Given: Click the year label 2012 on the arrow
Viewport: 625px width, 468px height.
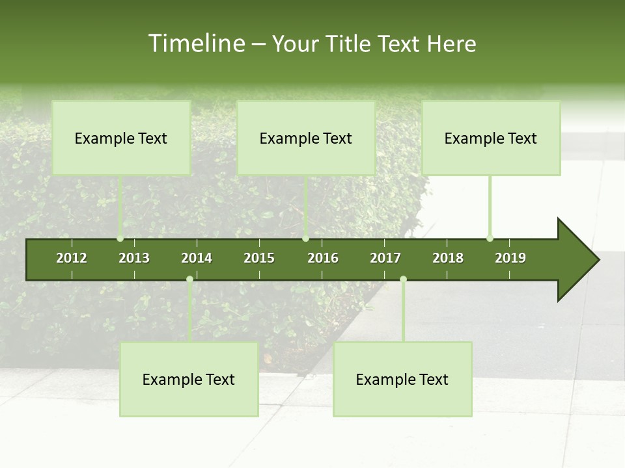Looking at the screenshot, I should coord(72,258).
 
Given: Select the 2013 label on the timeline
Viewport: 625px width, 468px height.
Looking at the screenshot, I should coord(134,258).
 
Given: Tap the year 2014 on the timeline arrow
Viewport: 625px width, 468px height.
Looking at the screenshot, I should coord(197,258).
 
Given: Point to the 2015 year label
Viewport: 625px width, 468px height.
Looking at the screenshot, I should coord(259,258).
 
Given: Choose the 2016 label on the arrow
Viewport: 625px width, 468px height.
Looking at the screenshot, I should coord(323,258).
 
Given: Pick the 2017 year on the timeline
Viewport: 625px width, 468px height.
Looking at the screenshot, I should coord(385,258).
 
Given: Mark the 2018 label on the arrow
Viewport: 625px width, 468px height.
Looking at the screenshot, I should coord(448,258).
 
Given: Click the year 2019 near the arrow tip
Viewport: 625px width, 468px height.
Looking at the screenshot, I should coord(510,258).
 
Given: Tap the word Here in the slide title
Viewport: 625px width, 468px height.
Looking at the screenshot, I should coord(451,44).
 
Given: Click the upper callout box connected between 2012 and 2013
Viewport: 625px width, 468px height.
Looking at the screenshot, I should coord(121,138).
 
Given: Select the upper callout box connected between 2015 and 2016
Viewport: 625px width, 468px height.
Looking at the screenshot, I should coord(306,138).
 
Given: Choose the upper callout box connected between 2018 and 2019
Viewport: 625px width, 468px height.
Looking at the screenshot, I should coord(491,138).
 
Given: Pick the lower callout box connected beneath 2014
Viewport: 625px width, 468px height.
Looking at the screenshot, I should coord(189,379).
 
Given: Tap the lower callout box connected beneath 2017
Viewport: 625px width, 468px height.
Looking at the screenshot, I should coord(402,379).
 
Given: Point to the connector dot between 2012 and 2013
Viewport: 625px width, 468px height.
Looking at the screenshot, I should coord(120,239).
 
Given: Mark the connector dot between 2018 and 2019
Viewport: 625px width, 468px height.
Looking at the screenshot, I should coord(490,239).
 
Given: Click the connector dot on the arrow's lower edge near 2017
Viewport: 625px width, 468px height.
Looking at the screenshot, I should coord(403,279).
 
